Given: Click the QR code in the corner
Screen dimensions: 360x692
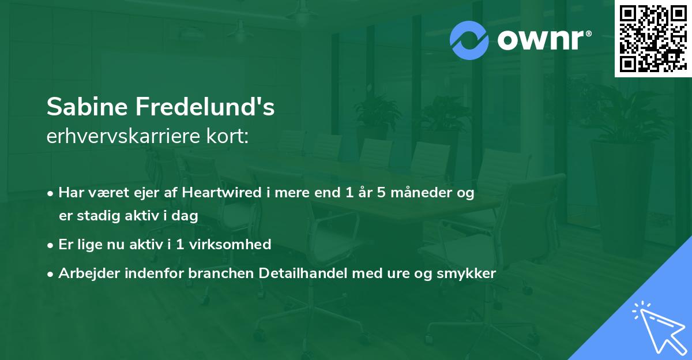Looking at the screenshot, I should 653,38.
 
